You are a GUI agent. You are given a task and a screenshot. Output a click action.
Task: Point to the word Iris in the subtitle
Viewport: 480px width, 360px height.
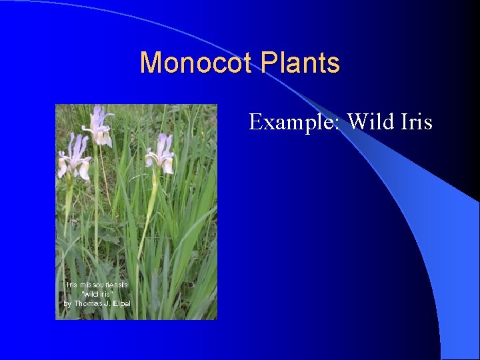(417, 121)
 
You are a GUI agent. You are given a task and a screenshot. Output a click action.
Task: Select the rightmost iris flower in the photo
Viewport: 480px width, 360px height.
(161, 153)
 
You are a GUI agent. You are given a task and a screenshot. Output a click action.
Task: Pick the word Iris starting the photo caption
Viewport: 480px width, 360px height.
(71, 285)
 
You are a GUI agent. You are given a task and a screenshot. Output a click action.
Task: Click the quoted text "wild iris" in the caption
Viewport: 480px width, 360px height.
(97, 294)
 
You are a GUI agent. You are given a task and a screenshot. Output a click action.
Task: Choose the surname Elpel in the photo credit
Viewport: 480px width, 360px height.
(122, 303)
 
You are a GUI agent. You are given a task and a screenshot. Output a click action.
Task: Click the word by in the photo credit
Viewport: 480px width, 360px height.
(67, 303)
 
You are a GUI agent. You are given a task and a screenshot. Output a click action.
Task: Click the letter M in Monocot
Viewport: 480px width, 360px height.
(150, 63)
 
